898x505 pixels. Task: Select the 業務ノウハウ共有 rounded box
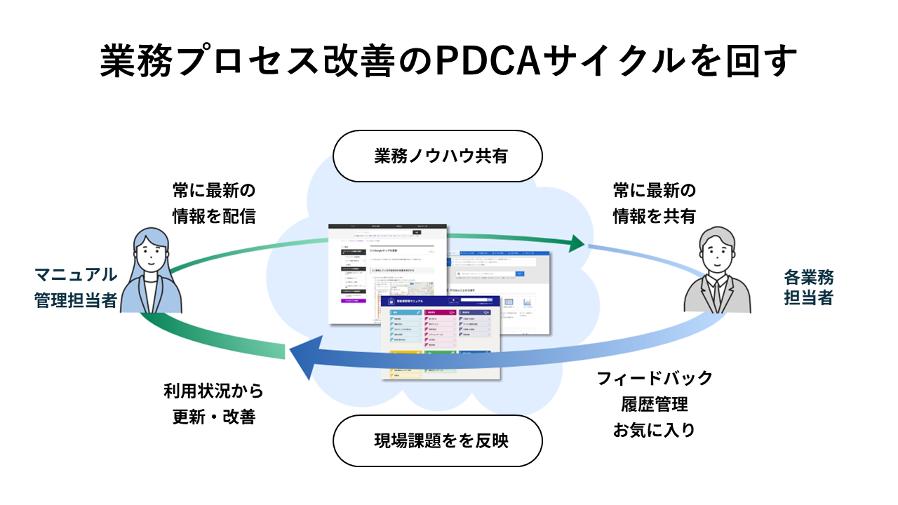(x=437, y=156)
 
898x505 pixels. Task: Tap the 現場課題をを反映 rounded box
(x=437, y=440)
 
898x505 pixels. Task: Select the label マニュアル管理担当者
(x=76, y=288)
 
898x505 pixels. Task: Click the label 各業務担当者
(x=808, y=288)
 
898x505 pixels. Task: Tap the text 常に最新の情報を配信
(x=214, y=203)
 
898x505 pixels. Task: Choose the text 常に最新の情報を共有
(x=654, y=203)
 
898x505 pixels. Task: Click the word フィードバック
(x=654, y=379)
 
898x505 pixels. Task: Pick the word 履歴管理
(x=654, y=405)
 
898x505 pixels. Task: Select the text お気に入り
(x=654, y=430)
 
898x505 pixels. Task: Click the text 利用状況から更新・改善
(x=214, y=404)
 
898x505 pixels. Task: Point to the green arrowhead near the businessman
(x=576, y=243)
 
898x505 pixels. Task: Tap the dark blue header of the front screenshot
(x=441, y=302)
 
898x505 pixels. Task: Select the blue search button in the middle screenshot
(x=519, y=274)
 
